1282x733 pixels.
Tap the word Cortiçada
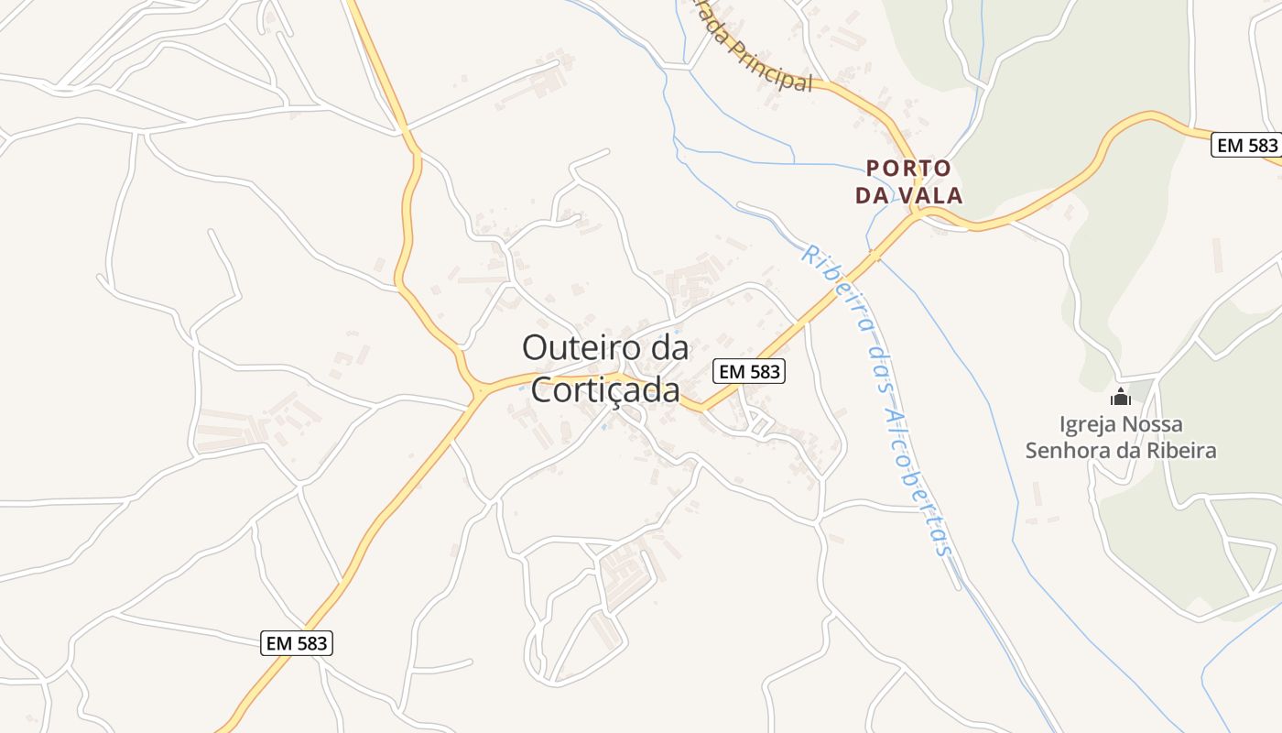pyautogui.click(x=605, y=390)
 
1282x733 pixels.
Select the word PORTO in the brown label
pyautogui.click(x=908, y=169)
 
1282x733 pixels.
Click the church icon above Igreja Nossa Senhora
pyautogui.click(x=1120, y=398)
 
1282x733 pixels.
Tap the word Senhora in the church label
pyautogui.click(x=1061, y=451)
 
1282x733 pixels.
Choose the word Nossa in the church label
pyautogui.click(x=1154, y=424)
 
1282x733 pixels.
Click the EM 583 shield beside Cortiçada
pyautogui.click(x=749, y=371)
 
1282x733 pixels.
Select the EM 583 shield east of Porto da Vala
pyautogui.click(x=1244, y=145)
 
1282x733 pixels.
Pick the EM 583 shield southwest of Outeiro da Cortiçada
pyautogui.click(x=297, y=643)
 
